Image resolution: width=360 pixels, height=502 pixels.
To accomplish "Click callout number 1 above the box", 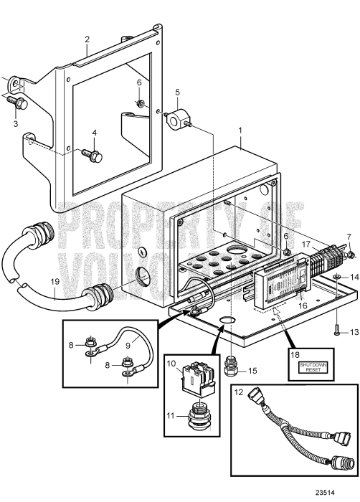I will click(x=241, y=133).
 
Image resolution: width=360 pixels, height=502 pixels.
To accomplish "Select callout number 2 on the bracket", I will click(x=87, y=39).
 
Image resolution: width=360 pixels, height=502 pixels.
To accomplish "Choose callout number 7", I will click(x=349, y=236).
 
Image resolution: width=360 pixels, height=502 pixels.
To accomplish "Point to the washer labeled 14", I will click(x=336, y=277).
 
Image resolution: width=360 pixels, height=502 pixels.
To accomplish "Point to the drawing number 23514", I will click(x=334, y=493).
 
